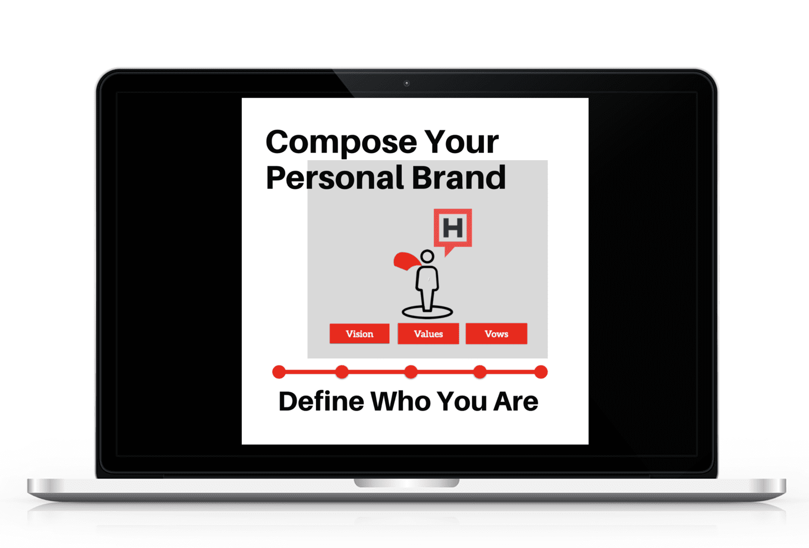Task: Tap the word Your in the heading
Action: pos(461,142)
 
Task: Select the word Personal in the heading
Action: pos(335,177)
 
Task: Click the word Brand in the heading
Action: pos(459,177)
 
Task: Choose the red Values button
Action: pos(428,334)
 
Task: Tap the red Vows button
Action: pos(496,334)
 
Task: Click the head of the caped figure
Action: pos(427,256)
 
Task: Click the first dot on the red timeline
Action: pos(279,372)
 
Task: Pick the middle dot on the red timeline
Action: pos(411,372)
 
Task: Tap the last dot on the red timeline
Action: pos(541,372)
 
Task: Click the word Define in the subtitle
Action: pos(321,401)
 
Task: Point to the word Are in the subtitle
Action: pos(516,401)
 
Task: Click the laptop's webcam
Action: pos(407,83)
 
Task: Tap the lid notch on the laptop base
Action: pos(407,483)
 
